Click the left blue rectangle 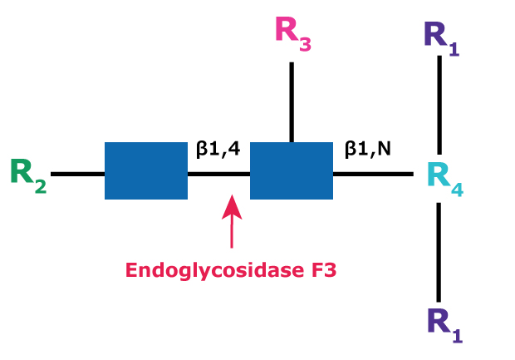tap(145, 170)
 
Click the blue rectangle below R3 tap(292, 170)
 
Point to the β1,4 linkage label tap(218, 150)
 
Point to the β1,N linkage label tap(367, 150)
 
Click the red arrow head tap(232, 203)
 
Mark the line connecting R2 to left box tap(77, 174)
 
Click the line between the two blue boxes tap(218, 174)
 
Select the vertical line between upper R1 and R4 tap(439, 104)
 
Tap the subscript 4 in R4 tap(458, 190)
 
